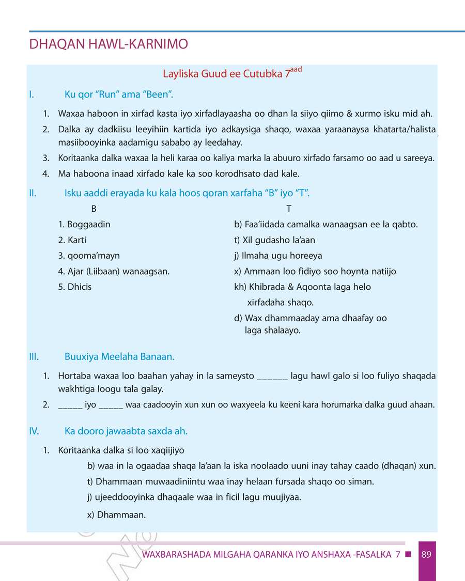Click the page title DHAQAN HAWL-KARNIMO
[x=109, y=44]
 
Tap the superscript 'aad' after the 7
[x=296, y=69]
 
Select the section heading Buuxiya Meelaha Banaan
[x=119, y=357]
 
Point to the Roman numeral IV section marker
[x=34, y=431]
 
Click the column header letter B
[x=94, y=209]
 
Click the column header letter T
[x=289, y=209]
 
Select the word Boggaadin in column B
[x=88, y=225]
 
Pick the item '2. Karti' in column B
[x=72, y=240]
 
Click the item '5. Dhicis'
[x=75, y=287]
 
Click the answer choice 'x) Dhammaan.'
[x=117, y=514]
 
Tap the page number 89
[x=426, y=555]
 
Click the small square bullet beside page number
[x=408, y=555]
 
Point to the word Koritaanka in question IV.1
[x=79, y=450]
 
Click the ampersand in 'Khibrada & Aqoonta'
[x=291, y=287]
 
